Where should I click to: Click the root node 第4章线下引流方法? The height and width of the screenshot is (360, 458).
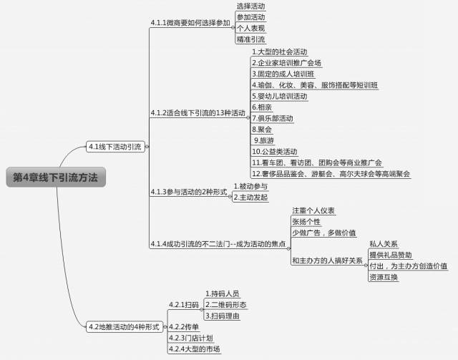pos(56,177)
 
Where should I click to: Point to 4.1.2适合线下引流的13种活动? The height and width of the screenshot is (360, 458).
pos(198,113)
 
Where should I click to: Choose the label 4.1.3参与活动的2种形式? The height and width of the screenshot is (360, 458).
pos(189,192)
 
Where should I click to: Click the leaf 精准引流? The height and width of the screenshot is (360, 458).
pos(250,39)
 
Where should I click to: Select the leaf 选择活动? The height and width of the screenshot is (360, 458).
pos(250,6)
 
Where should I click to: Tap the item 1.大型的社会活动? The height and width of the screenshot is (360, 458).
pos(279,52)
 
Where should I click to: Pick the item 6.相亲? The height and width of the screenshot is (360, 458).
pos(261,107)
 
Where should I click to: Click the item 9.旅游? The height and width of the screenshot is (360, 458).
pos(263,140)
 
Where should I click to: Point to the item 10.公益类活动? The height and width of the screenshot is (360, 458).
pos(274,152)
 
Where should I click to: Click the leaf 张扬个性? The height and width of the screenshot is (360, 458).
pos(306,222)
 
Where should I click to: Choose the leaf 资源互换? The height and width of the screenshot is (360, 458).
pos(384,276)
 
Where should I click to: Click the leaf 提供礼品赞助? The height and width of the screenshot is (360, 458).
pos(390,254)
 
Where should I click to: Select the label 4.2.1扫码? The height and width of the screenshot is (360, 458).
pos(183,305)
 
